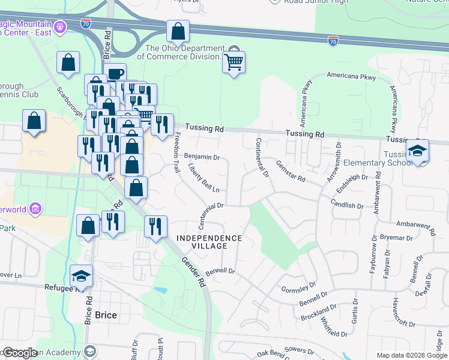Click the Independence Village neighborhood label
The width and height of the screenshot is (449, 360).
(209, 242)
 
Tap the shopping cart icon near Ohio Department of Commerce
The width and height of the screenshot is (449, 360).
(234, 61)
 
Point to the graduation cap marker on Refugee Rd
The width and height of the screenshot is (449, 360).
(81, 276)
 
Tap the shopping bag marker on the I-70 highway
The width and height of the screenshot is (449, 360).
(178, 31)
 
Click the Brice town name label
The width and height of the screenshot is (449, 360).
(106, 315)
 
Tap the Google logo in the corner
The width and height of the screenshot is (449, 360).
(20, 353)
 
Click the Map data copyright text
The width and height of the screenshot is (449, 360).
(412, 355)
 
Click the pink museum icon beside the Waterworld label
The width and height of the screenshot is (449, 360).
(35, 209)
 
